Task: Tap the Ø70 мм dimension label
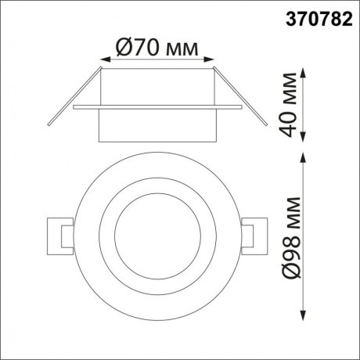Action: click(x=158, y=48)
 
